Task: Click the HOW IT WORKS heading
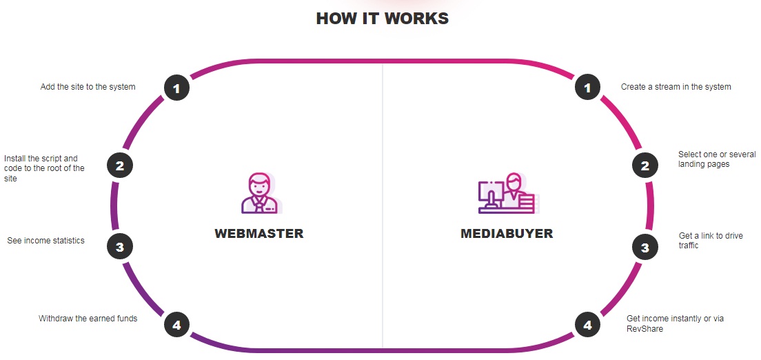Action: [382, 19]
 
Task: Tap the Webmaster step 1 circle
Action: [176, 88]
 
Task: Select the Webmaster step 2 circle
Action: [120, 166]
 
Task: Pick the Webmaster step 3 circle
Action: [120, 246]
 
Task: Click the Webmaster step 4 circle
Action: [176, 324]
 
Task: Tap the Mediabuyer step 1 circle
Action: [587, 88]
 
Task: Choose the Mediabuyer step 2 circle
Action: [645, 166]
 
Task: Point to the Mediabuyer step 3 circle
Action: [645, 247]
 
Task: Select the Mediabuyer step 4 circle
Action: [587, 324]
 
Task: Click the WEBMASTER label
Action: [259, 233]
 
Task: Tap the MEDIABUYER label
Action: [507, 233]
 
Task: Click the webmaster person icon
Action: [260, 193]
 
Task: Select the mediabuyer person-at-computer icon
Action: [507, 193]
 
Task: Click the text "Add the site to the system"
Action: [88, 87]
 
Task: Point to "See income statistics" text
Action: [45, 241]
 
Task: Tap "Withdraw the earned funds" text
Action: [88, 319]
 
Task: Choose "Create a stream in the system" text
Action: [676, 87]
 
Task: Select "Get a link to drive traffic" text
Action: [711, 240]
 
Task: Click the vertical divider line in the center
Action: [383, 207]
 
